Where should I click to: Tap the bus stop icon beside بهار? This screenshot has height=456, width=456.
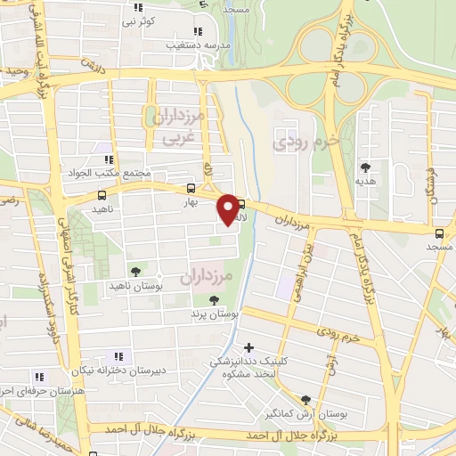(191, 189)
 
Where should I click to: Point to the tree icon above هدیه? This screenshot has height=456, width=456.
(365, 167)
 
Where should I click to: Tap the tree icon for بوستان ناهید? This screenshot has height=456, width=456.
(134, 271)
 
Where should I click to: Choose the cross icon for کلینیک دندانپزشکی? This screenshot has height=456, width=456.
(248, 346)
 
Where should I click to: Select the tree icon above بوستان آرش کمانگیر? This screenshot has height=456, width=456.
(306, 400)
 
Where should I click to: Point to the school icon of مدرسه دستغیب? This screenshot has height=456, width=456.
(197, 30)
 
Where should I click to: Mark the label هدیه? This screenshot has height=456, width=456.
(365, 180)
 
